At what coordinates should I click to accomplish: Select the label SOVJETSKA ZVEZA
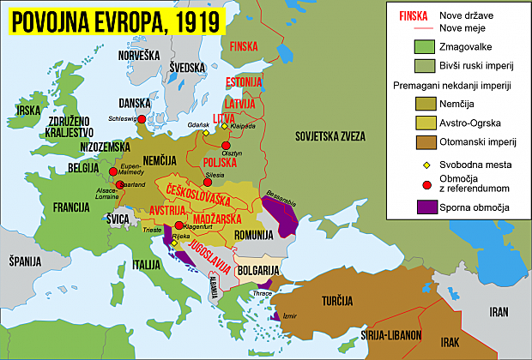tap(330, 136)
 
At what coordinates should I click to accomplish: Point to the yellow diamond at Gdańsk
tap(206, 133)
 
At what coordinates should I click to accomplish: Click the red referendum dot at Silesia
tap(208, 182)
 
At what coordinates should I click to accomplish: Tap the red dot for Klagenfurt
tap(178, 225)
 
